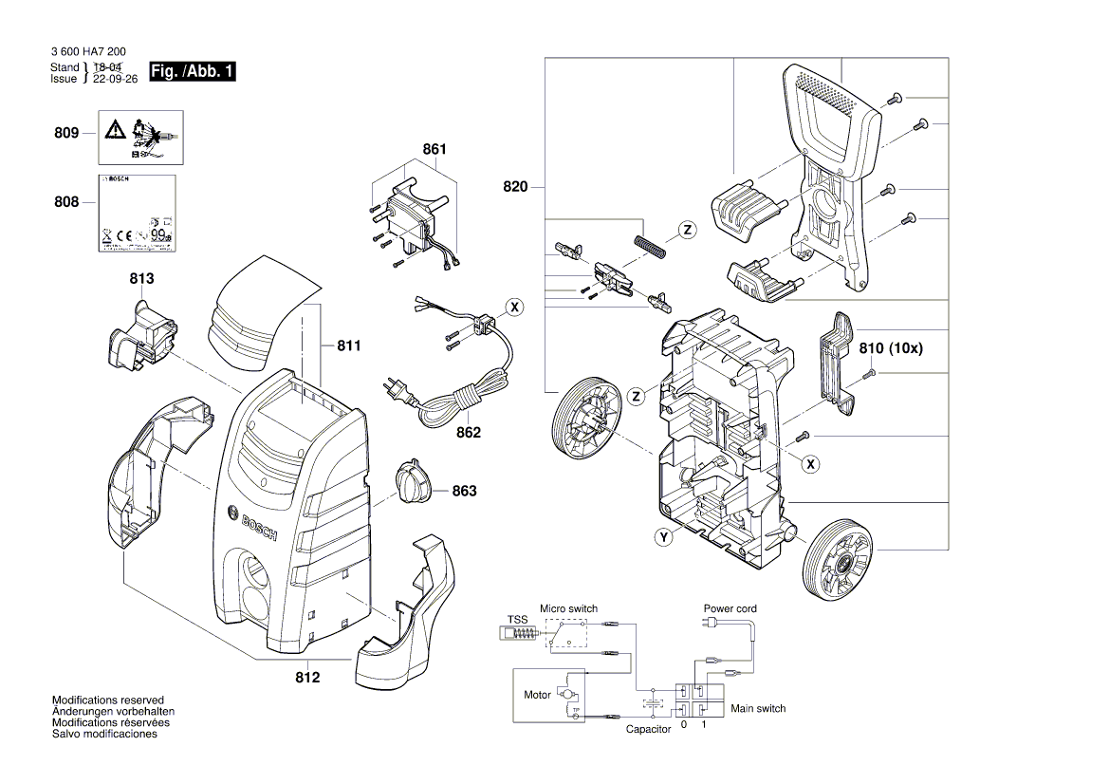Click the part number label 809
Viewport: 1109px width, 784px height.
pos(65,134)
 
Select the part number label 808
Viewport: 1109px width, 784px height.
pos(65,202)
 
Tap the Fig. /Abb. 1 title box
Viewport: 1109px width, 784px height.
pos(191,72)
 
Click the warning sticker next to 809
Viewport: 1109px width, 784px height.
pos(141,135)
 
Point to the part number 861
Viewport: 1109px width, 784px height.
pos(434,150)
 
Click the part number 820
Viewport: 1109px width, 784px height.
pos(516,187)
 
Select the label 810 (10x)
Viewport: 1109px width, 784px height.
pos(890,348)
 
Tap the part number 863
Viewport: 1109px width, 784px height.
pos(464,491)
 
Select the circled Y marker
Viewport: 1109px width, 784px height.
pos(664,538)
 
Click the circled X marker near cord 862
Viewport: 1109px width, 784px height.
pos(513,308)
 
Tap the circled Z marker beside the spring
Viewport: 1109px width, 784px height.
pos(688,229)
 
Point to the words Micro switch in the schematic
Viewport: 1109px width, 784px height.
pos(568,608)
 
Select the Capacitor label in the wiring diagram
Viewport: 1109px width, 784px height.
pos(648,729)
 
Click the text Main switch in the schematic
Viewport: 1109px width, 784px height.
pos(758,708)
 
